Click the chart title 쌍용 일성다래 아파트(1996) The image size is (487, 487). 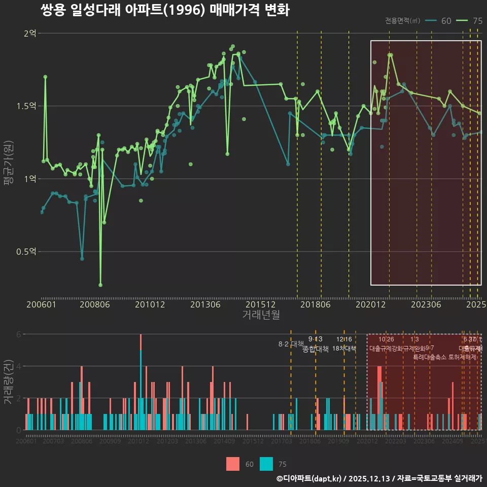[x=164, y=10]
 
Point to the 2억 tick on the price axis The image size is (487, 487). [x=29, y=33]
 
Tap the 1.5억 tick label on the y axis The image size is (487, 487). [x=26, y=106]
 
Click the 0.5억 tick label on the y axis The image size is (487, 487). [x=26, y=252]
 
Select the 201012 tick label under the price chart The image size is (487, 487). [x=150, y=304]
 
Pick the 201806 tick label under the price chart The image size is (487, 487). [x=315, y=304]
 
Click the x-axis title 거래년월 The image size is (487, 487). [x=261, y=315]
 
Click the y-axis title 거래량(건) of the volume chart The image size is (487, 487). [x=8, y=381]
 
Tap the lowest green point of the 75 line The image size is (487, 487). [x=100, y=285]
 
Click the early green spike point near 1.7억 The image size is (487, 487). [x=45, y=77]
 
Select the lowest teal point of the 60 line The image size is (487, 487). [x=82, y=259]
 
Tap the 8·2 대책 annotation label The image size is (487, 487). [x=291, y=344]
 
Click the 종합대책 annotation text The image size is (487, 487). [x=316, y=349]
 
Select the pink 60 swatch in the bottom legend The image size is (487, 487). [x=233, y=464]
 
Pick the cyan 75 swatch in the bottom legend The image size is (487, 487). [x=266, y=464]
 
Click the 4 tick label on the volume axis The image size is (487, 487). [x=19, y=366]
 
